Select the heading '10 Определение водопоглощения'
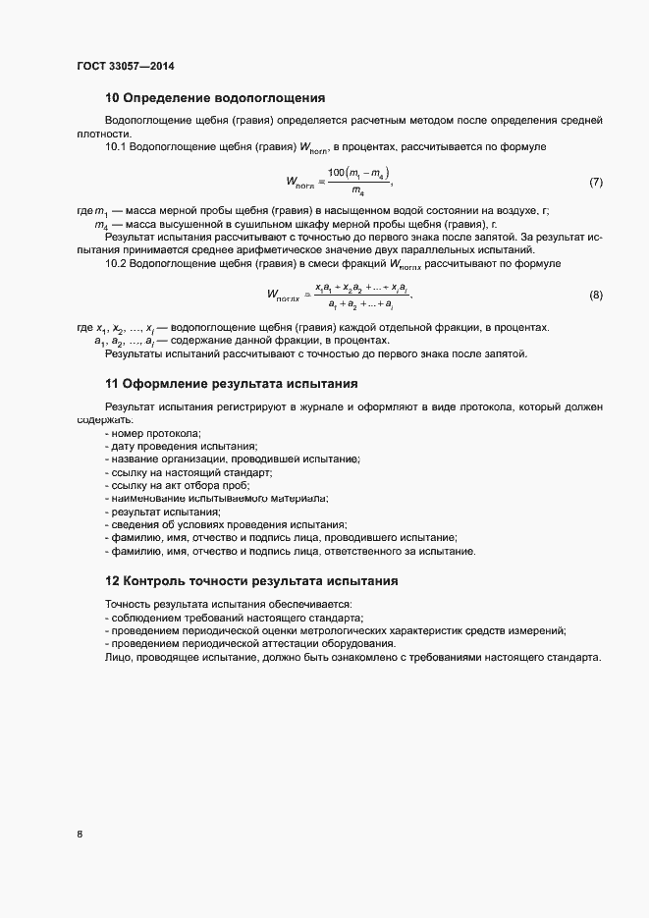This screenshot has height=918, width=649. [215, 98]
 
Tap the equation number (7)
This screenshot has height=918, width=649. [595, 183]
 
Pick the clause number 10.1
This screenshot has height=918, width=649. [116, 146]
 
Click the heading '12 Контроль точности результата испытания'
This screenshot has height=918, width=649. [252, 580]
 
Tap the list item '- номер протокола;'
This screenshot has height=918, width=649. [152, 433]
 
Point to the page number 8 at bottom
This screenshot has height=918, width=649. [80, 835]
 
